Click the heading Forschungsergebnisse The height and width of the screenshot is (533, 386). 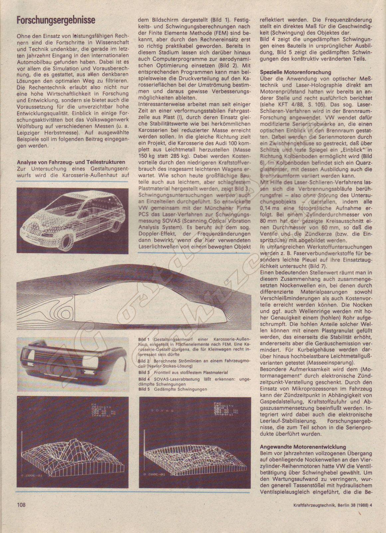click(x=56, y=20)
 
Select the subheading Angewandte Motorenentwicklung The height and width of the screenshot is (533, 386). click(x=303, y=447)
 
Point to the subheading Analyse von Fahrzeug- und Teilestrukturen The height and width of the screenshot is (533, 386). click(x=71, y=162)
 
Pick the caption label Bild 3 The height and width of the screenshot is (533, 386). click(x=144, y=372)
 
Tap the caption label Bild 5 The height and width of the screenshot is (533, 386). click(x=144, y=389)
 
